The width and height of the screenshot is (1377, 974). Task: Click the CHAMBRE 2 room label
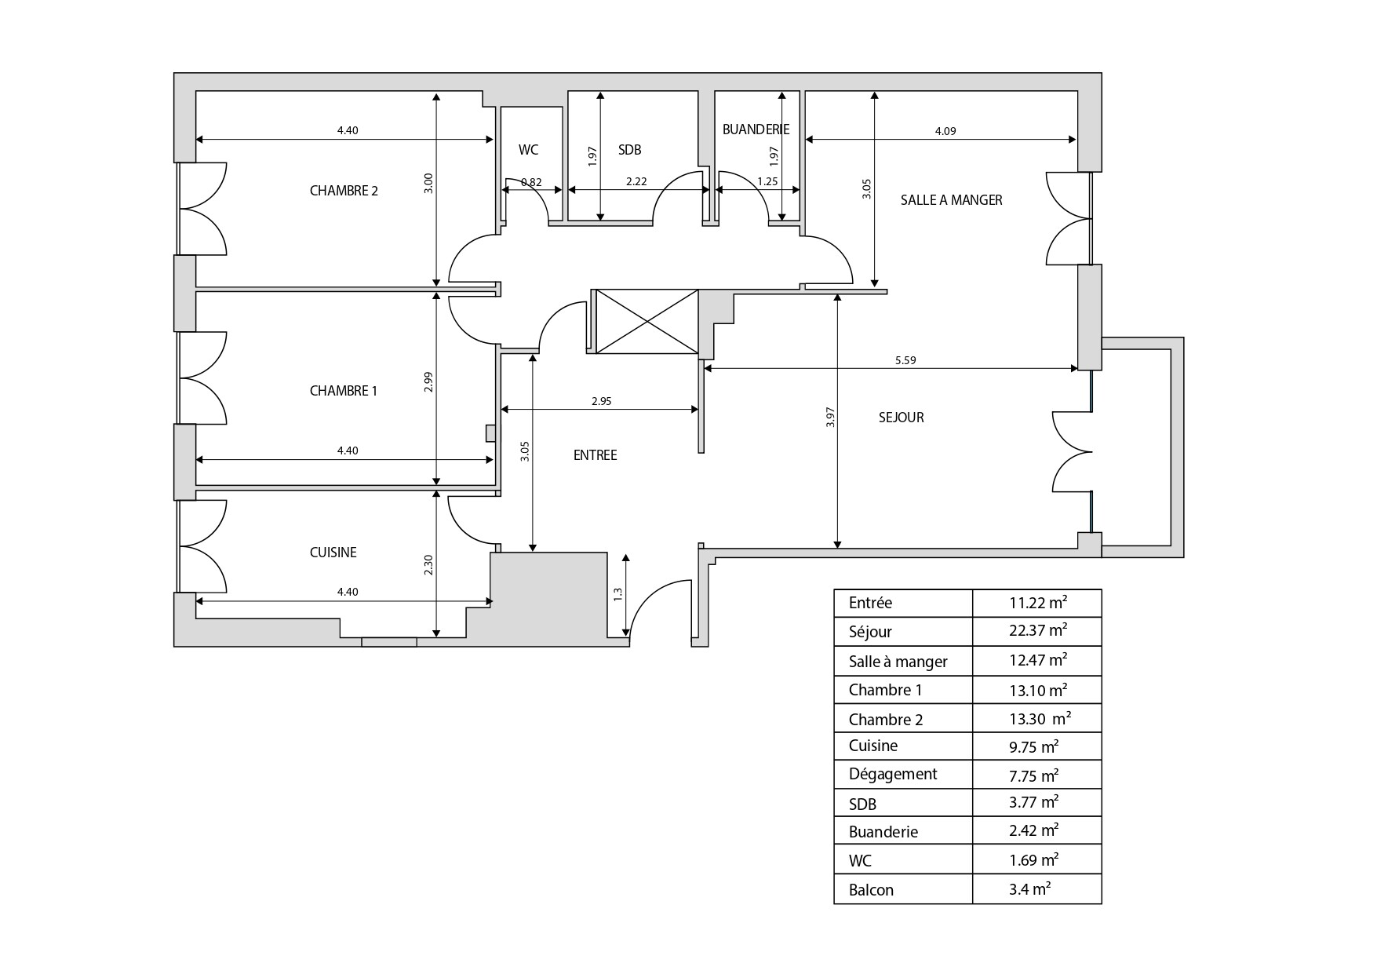[x=344, y=191]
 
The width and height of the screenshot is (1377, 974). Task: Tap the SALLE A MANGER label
[x=951, y=200]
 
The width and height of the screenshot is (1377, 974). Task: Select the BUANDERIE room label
[x=756, y=130]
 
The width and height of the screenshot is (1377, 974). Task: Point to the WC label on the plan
[x=528, y=150]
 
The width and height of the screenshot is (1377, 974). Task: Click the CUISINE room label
[x=333, y=553]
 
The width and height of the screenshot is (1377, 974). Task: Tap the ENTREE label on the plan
[x=595, y=455]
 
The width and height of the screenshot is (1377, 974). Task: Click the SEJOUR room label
[x=901, y=418]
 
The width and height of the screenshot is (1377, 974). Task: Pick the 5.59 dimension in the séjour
[x=905, y=361]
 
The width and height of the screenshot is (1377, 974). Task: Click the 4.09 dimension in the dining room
[x=945, y=132]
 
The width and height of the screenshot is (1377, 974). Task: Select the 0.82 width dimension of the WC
[x=531, y=182]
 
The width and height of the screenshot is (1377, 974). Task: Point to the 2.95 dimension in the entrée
[x=601, y=401]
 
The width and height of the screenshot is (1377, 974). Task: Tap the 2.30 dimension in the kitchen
[x=428, y=565]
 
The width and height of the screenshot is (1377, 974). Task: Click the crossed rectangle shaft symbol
[x=647, y=321]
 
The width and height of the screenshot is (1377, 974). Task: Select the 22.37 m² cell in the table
[x=1037, y=631]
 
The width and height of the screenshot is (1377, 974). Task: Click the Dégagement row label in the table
[x=893, y=775]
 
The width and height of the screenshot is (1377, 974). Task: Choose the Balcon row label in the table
[x=871, y=890]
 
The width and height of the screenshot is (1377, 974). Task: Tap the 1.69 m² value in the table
[x=1033, y=860]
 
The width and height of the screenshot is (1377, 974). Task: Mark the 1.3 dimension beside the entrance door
[x=618, y=595]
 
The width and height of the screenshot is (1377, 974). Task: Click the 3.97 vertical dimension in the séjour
[x=831, y=417]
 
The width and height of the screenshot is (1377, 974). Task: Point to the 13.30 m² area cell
[x=1040, y=719]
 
